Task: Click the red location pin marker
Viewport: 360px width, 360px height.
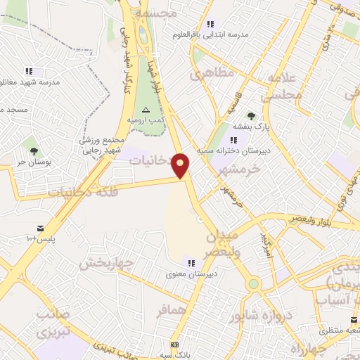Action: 181,165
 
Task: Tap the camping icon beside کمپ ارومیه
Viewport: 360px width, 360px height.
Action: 146,110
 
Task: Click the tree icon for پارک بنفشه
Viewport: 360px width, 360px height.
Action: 251,115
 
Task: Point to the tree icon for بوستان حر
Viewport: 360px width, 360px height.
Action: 33,150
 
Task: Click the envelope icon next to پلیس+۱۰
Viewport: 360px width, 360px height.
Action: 40,228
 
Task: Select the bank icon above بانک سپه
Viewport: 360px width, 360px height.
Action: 174,345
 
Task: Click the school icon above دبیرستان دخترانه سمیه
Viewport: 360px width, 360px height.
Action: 233,140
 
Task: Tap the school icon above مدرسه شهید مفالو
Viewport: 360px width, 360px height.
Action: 29,71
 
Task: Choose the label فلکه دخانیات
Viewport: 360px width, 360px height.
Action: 82,191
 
